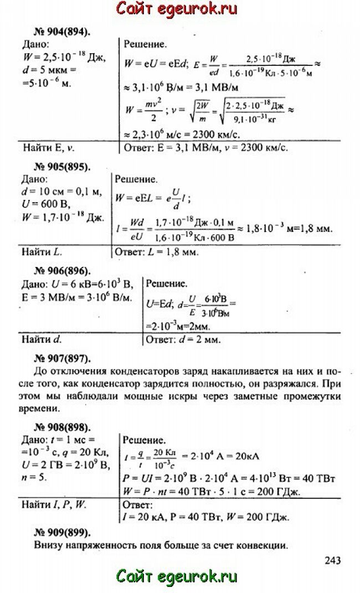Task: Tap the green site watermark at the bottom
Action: click(x=177, y=577)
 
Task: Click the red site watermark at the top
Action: click(x=177, y=9)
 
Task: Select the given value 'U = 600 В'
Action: click(x=43, y=203)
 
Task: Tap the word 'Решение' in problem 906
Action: click(x=167, y=283)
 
